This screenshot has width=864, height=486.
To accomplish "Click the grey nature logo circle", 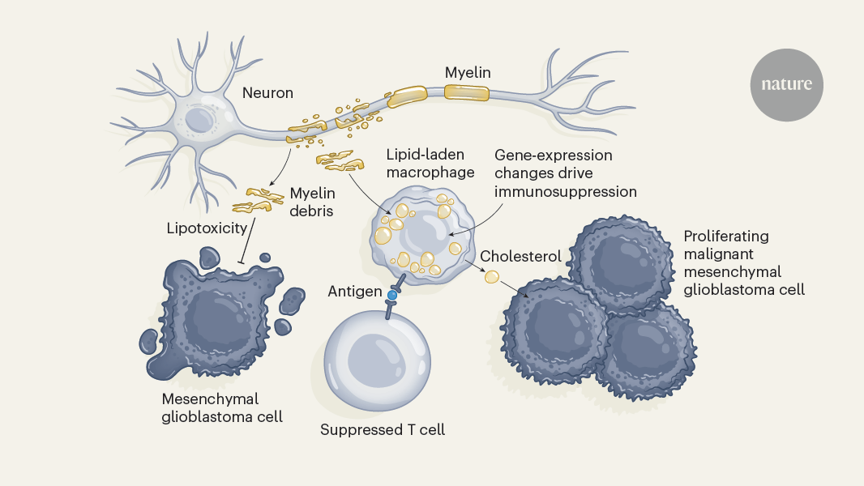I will (786, 84).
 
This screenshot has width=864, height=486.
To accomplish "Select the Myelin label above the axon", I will (468, 73).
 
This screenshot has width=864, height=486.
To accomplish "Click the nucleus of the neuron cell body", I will (198, 121).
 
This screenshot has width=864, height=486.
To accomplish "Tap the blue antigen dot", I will (392, 296).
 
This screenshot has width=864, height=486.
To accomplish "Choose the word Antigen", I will (355, 291).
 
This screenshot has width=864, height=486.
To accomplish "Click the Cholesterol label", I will (521, 256).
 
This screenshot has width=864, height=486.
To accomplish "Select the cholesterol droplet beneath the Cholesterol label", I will (491, 277).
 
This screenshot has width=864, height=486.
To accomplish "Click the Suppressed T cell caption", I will (383, 429).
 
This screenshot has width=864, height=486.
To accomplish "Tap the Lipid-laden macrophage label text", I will (419, 162).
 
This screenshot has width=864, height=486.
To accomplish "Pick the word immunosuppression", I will (566, 192).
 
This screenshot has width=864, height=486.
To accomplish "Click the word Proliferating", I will (726, 237).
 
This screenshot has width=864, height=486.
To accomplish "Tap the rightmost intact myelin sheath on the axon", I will (466, 92).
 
